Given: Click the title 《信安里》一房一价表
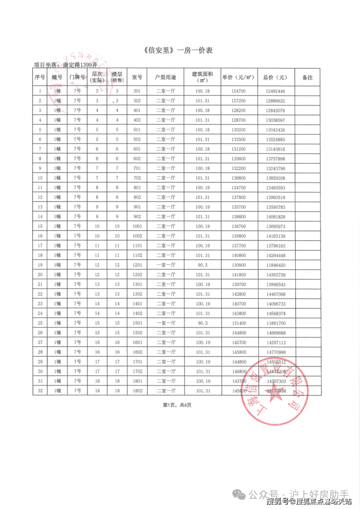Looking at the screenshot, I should coord(180,50).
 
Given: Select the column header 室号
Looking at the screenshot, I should coord(137,77).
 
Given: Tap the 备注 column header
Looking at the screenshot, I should coord(307,77).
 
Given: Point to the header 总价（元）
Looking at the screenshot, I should coord(275,77).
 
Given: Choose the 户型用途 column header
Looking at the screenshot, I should coord(166,77).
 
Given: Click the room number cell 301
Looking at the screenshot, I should coord(137,91).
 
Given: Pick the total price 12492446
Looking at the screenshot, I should coord(275,91).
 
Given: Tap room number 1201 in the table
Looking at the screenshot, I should coord(137,265).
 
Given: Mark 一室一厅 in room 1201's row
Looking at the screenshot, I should coord(166,265).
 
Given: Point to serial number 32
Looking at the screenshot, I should coord(40,390).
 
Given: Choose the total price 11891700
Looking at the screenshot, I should coord(275,323).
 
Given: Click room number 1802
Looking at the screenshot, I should coord(137,390).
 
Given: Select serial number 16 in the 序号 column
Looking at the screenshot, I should coord(40,236).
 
